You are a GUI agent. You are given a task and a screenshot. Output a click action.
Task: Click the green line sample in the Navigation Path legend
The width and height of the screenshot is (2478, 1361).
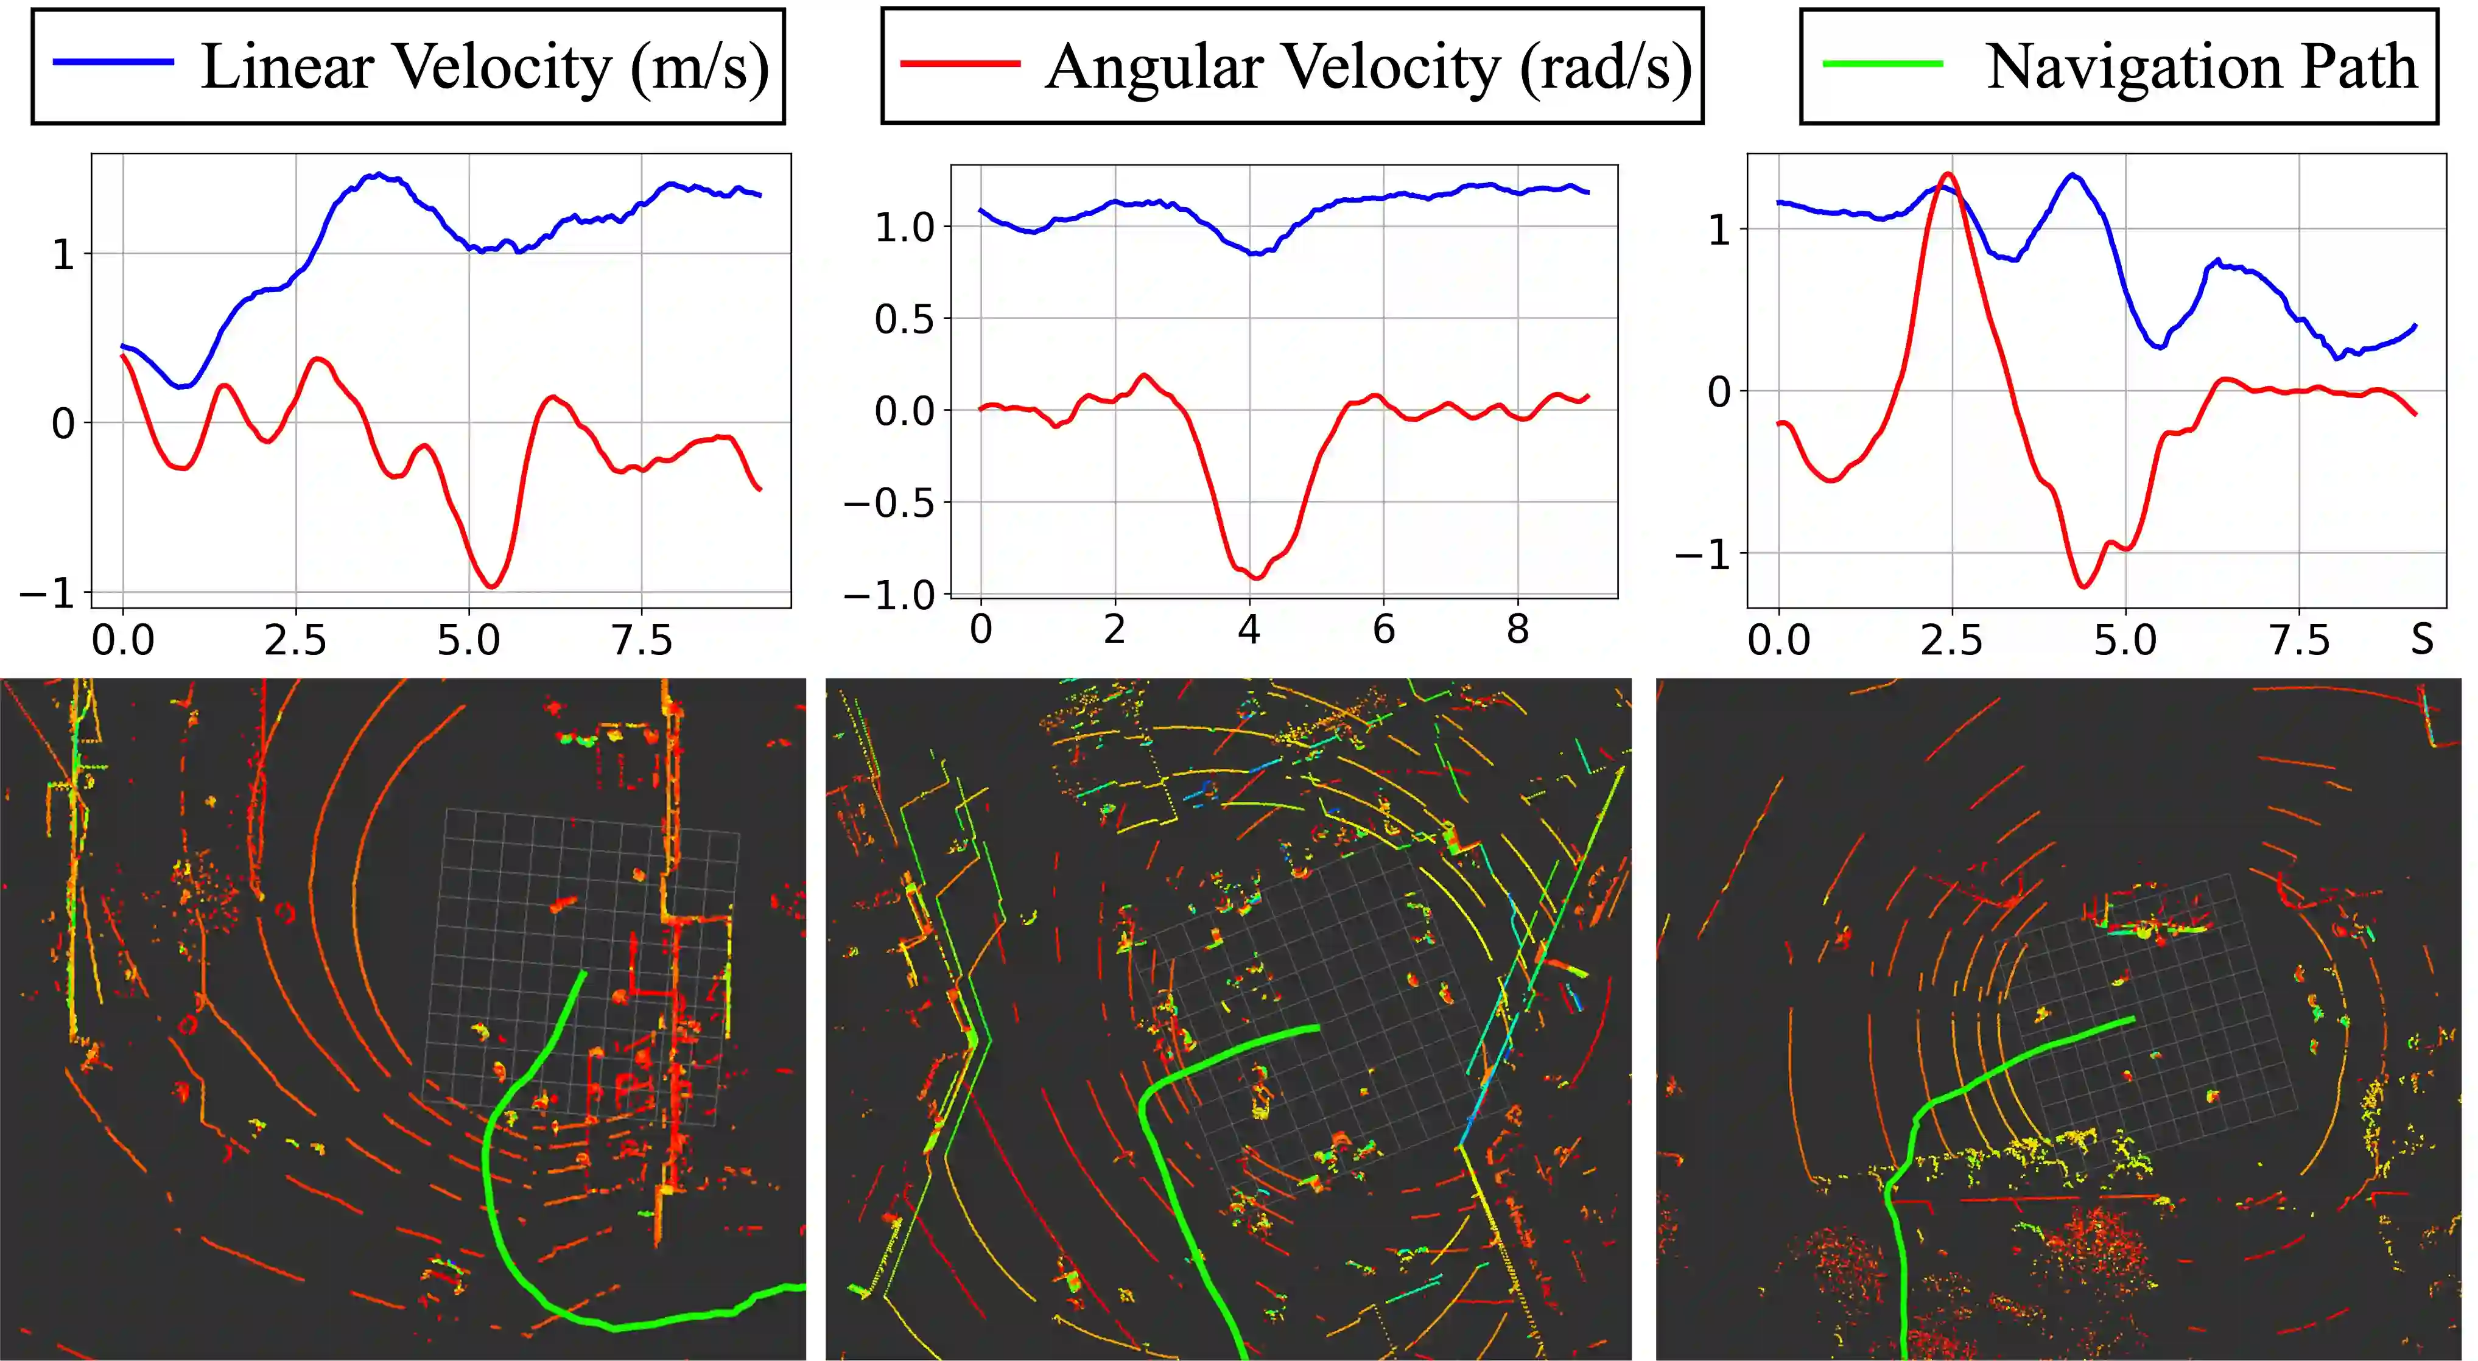(x=1883, y=63)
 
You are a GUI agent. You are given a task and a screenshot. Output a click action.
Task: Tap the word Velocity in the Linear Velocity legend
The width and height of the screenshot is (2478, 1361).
(x=502, y=68)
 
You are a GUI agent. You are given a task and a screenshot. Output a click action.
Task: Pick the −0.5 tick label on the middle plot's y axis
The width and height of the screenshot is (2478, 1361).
(x=889, y=503)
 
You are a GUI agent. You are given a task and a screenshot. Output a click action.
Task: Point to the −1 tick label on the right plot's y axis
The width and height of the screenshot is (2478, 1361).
(x=1703, y=555)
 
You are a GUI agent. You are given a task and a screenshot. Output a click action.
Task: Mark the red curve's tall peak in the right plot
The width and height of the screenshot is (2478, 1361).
(x=1948, y=174)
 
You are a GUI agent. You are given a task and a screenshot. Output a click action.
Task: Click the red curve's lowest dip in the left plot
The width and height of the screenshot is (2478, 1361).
(x=491, y=586)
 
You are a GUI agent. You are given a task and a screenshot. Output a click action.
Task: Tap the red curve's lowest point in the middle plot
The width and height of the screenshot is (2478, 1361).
(x=1255, y=577)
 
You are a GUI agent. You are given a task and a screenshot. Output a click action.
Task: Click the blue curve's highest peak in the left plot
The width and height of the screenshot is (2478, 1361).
(x=380, y=174)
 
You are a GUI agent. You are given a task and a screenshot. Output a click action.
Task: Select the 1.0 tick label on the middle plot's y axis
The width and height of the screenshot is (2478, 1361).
(x=904, y=228)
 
